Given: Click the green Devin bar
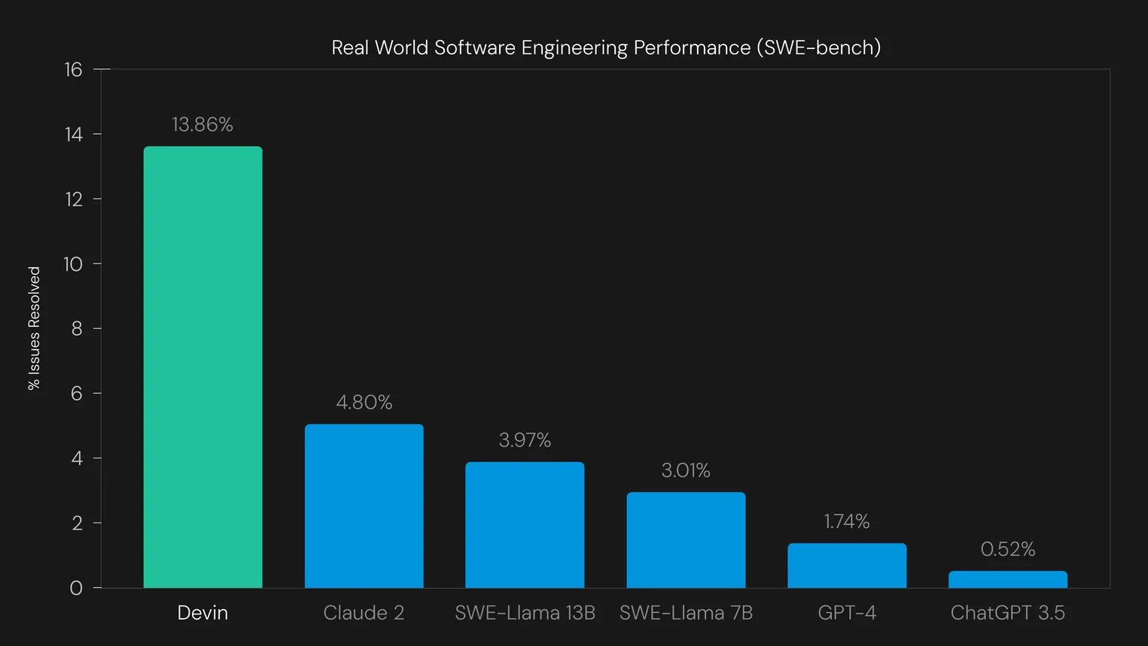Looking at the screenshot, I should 202,367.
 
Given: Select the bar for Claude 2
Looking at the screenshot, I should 364,506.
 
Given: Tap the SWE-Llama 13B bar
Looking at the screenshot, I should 525,525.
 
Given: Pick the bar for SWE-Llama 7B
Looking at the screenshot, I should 686,540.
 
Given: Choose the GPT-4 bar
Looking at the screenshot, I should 847,565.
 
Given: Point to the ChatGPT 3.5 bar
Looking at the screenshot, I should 1007,579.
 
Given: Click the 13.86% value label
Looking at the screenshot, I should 202,124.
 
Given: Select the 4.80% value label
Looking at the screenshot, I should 364,402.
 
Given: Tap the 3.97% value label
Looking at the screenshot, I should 525,440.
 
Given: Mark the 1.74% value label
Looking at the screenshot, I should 847,521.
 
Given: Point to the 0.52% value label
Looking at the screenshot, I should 1007,549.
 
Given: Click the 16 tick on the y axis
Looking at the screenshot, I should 73,70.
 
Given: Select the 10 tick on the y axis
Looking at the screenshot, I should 73,264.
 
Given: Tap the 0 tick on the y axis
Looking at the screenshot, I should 76,588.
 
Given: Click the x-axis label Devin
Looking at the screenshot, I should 202,613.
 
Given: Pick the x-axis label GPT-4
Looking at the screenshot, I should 847,613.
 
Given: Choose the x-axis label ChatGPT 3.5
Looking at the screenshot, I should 1007,613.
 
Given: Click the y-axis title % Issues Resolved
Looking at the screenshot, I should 35,328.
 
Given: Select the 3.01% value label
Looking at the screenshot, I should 686,471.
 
